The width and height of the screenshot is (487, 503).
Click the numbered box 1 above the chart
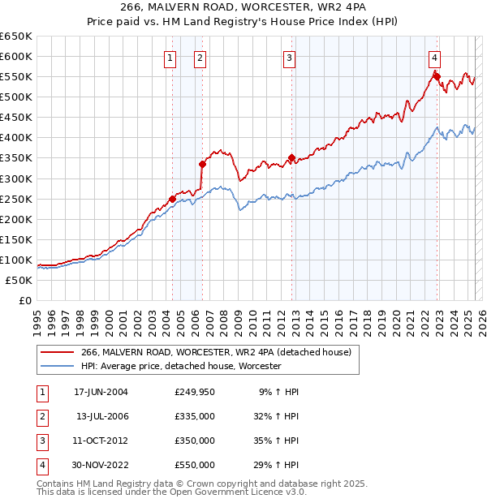[x=170, y=57]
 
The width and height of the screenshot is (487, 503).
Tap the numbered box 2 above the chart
[x=200, y=57]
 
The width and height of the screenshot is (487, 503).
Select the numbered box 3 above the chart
[x=289, y=57]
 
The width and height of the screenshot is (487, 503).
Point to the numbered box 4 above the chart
[x=435, y=57]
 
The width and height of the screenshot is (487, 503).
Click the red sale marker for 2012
[x=291, y=158]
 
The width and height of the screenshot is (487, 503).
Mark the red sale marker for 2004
[x=173, y=199]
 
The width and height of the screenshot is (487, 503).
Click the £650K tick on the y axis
[x=17, y=37]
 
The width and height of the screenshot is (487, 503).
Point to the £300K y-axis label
[x=17, y=178]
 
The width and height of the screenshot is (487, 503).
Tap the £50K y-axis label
[x=20, y=280]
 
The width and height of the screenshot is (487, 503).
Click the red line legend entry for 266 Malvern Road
[x=216, y=352]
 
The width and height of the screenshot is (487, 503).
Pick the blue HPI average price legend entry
[x=180, y=367]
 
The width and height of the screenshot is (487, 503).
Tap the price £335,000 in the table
[x=195, y=416]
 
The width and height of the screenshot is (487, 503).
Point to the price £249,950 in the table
[x=195, y=392]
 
